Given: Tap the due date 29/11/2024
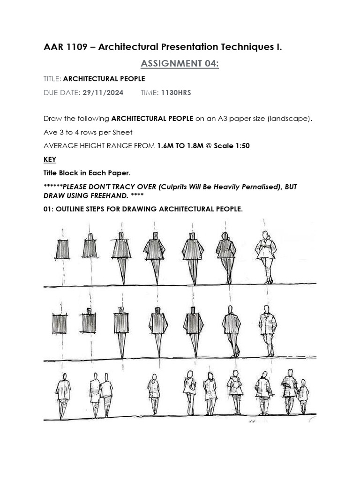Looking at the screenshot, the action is [103, 93].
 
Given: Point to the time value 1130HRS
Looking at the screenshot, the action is [176, 93].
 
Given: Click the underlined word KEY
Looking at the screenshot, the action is [50, 159].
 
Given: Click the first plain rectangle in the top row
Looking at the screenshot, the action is [62, 249].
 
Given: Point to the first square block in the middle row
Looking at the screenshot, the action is [60, 324].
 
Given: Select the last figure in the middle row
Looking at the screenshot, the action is [268, 330].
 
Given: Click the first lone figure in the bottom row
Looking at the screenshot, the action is [63, 395].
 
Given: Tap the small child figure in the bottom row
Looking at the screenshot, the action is [303, 397].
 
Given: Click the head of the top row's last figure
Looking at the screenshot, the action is [265, 235].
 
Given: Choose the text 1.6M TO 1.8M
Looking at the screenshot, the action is [180, 146].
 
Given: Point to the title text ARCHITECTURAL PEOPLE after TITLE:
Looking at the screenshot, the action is [104, 79].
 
